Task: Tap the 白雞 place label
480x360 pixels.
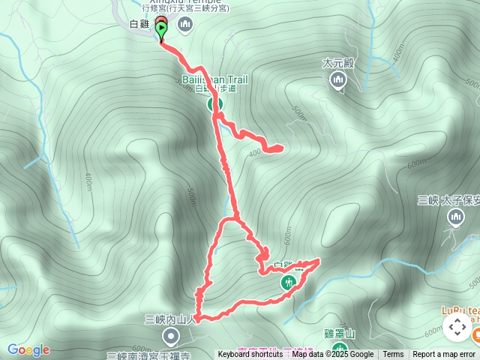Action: [x=139, y=24]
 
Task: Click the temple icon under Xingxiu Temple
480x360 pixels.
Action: [x=185, y=26]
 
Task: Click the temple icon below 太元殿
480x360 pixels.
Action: [x=338, y=80]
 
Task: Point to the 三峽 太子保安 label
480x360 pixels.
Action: [x=448, y=201]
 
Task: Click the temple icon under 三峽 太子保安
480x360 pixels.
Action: [x=456, y=217]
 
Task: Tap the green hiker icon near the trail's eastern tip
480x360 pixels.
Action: [x=289, y=282]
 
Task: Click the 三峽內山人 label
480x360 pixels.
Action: [x=170, y=319]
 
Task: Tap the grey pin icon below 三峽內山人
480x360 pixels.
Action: [x=171, y=335]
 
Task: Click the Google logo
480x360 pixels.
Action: [x=28, y=349]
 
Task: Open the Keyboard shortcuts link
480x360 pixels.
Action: [x=250, y=355]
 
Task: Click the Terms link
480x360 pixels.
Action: [x=393, y=355]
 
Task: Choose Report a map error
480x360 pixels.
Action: [x=444, y=355]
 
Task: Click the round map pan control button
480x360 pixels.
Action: [x=456, y=327]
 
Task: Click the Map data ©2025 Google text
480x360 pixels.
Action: [x=332, y=355]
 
